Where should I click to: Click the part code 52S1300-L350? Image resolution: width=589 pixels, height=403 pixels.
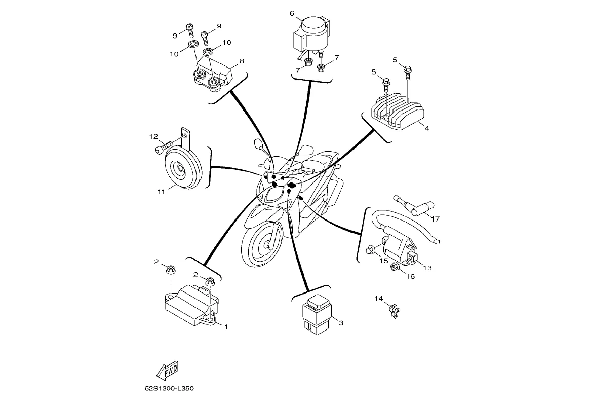[169, 389]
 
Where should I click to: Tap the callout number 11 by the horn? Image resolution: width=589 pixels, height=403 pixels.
[161, 192]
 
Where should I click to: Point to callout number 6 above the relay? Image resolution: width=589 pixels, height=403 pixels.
[292, 13]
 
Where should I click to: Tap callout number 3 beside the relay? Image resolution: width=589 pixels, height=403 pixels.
[341, 323]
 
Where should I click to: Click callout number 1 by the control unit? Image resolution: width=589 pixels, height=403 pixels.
[226, 327]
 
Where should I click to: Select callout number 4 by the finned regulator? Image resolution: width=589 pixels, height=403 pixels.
[427, 128]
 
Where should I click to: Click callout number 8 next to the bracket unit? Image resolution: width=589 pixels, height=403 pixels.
[242, 61]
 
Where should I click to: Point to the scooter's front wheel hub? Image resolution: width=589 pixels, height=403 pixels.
[264, 245]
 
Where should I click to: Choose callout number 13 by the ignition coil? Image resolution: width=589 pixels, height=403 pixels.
[427, 268]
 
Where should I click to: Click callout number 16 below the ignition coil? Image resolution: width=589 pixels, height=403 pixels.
[410, 276]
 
